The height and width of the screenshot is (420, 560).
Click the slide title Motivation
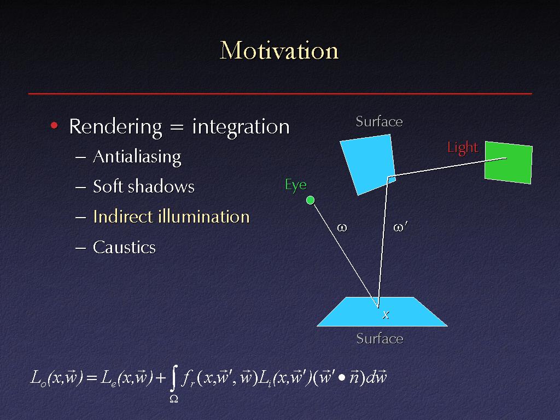coord(279,50)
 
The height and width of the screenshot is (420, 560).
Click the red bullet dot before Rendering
coord(54,125)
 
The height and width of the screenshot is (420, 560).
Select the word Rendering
coord(116,127)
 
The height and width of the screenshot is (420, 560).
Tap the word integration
coord(241,127)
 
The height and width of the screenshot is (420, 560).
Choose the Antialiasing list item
coord(137,157)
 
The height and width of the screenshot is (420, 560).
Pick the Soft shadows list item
coord(144,186)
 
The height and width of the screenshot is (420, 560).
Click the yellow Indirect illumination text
coord(171,217)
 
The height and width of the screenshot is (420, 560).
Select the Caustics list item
coord(124,247)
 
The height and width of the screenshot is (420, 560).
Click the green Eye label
coord(296,185)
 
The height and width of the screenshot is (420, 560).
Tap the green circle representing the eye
coord(311,200)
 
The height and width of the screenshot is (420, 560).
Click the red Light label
coord(463,148)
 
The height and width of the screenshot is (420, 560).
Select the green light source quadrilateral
coord(509,162)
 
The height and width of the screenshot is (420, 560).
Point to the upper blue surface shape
coord(368,164)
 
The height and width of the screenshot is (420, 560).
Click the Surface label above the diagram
coord(380,122)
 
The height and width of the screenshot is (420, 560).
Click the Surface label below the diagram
coord(380,339)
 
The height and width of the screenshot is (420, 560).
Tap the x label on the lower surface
coord(386,315)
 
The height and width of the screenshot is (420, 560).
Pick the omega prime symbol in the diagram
coord(400,227)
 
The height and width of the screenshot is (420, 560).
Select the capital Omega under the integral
coord(173,399)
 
